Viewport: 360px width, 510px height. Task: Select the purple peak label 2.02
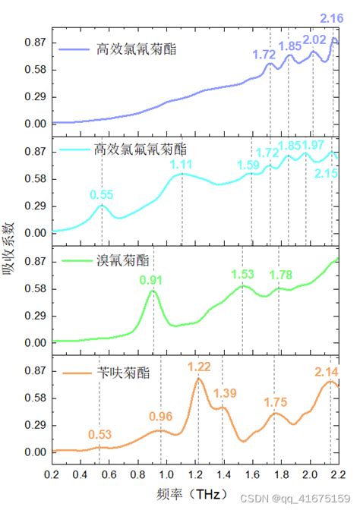[x=314, y=39]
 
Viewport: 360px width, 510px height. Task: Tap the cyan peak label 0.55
[x=102, y=195]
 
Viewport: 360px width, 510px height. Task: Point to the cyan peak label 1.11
[x=181, y=165]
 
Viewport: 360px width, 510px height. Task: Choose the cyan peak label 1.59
[x=248, y=164]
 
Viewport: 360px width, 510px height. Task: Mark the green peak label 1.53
[x=243, y=274]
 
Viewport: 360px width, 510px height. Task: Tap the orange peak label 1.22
[x=199, y=367]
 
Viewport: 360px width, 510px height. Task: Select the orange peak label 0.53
[x=100, y=434]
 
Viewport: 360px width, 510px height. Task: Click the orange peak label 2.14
[x=327, y=372]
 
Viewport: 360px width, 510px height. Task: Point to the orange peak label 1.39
[x=225, y=392]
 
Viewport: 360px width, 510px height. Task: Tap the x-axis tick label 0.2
[x=52, y=475]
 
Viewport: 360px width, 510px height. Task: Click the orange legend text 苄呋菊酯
[x=123, y=373]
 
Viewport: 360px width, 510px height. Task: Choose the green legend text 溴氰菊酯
[x=123, y=260]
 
